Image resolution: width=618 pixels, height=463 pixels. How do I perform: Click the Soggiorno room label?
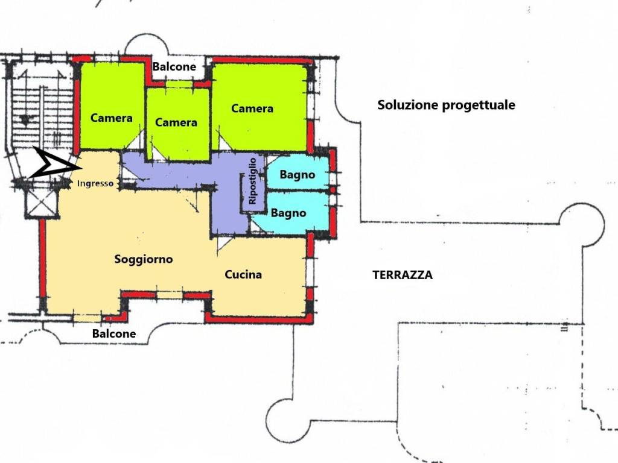click(x=144, y=259)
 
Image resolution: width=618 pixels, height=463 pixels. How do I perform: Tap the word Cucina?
click(x=243, y=274)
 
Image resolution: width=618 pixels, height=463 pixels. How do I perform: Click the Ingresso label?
click(x=95, y=184)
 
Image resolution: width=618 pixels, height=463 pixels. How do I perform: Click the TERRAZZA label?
click(x=403, y=275)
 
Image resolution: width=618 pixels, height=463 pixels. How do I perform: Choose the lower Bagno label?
click(x=288, y=213)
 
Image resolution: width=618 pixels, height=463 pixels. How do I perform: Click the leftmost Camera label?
click(x=112, y=118)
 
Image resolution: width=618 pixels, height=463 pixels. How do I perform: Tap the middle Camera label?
click(x=176, y=122)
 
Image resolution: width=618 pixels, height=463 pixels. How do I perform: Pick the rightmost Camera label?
click(x=252, y=109)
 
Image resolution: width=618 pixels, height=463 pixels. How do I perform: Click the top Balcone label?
click(x=174, y=66)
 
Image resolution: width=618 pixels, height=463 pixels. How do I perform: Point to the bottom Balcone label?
click(x=114, y=333)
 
